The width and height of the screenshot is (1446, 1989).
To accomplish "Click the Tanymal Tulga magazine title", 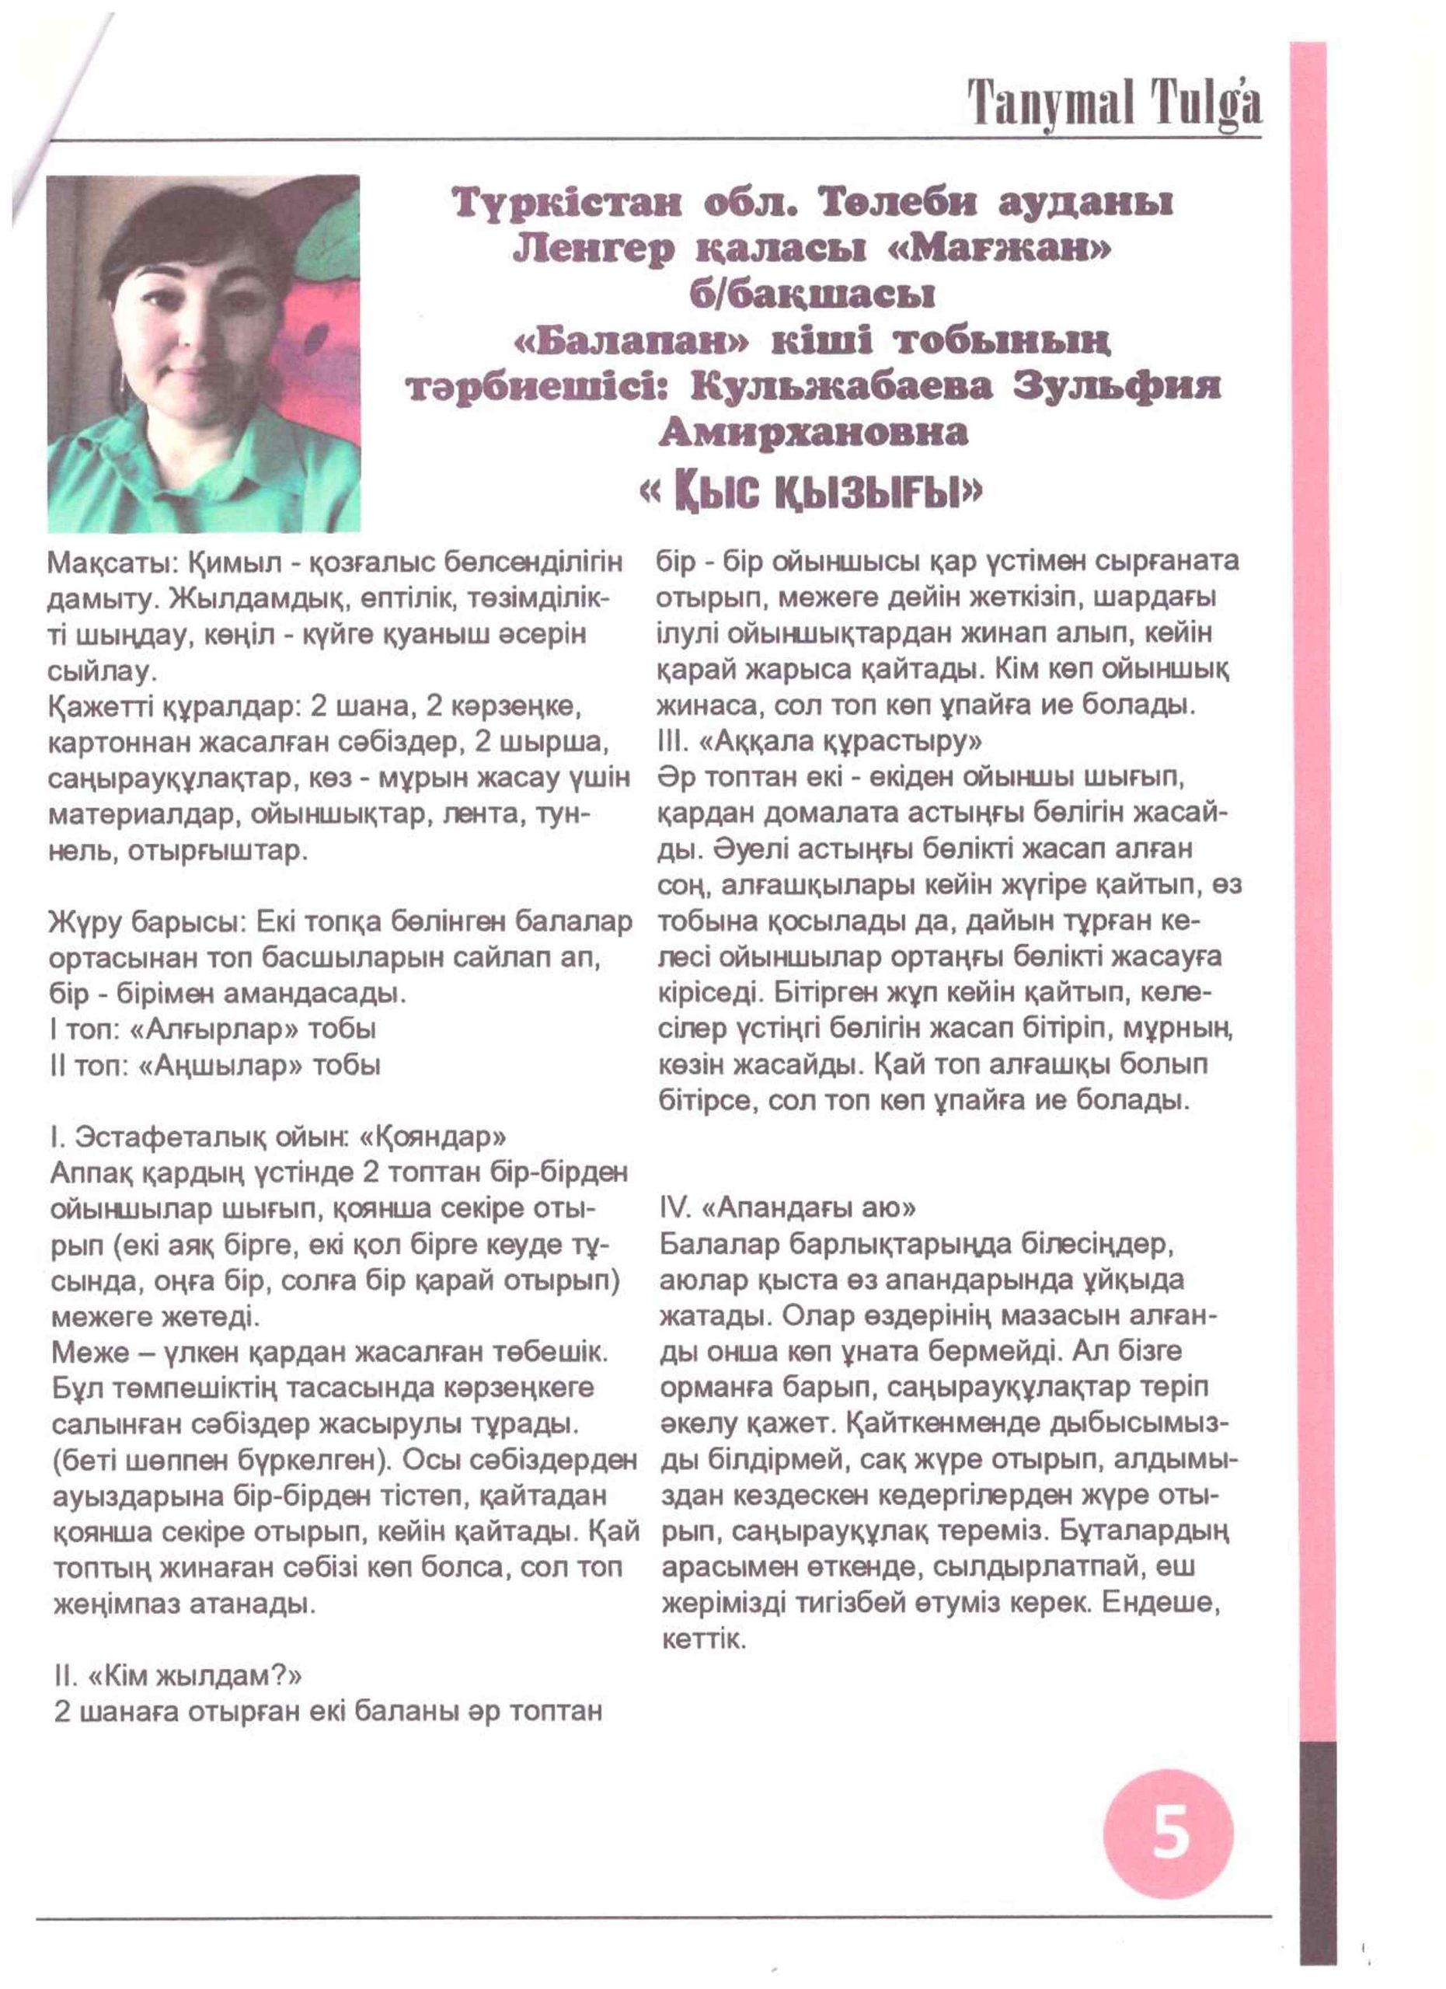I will click(1114, 103).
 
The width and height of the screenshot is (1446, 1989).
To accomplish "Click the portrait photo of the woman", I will click(204, 353).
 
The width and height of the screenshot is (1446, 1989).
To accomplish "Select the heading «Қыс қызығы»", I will click(812, 496).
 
